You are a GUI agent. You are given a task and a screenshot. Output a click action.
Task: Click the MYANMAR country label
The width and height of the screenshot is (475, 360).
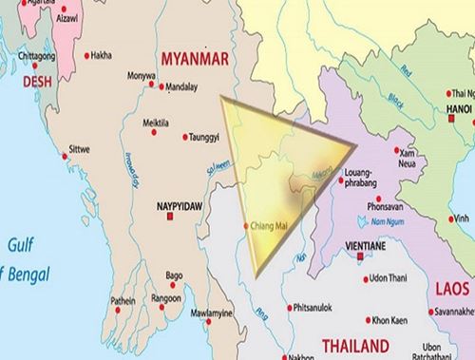click(x=196, y=59)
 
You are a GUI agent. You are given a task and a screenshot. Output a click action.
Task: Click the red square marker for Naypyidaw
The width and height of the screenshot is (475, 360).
click(x=170, y=218)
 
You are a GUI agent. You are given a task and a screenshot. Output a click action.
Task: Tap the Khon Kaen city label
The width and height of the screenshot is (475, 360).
click(x=389, y=320)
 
